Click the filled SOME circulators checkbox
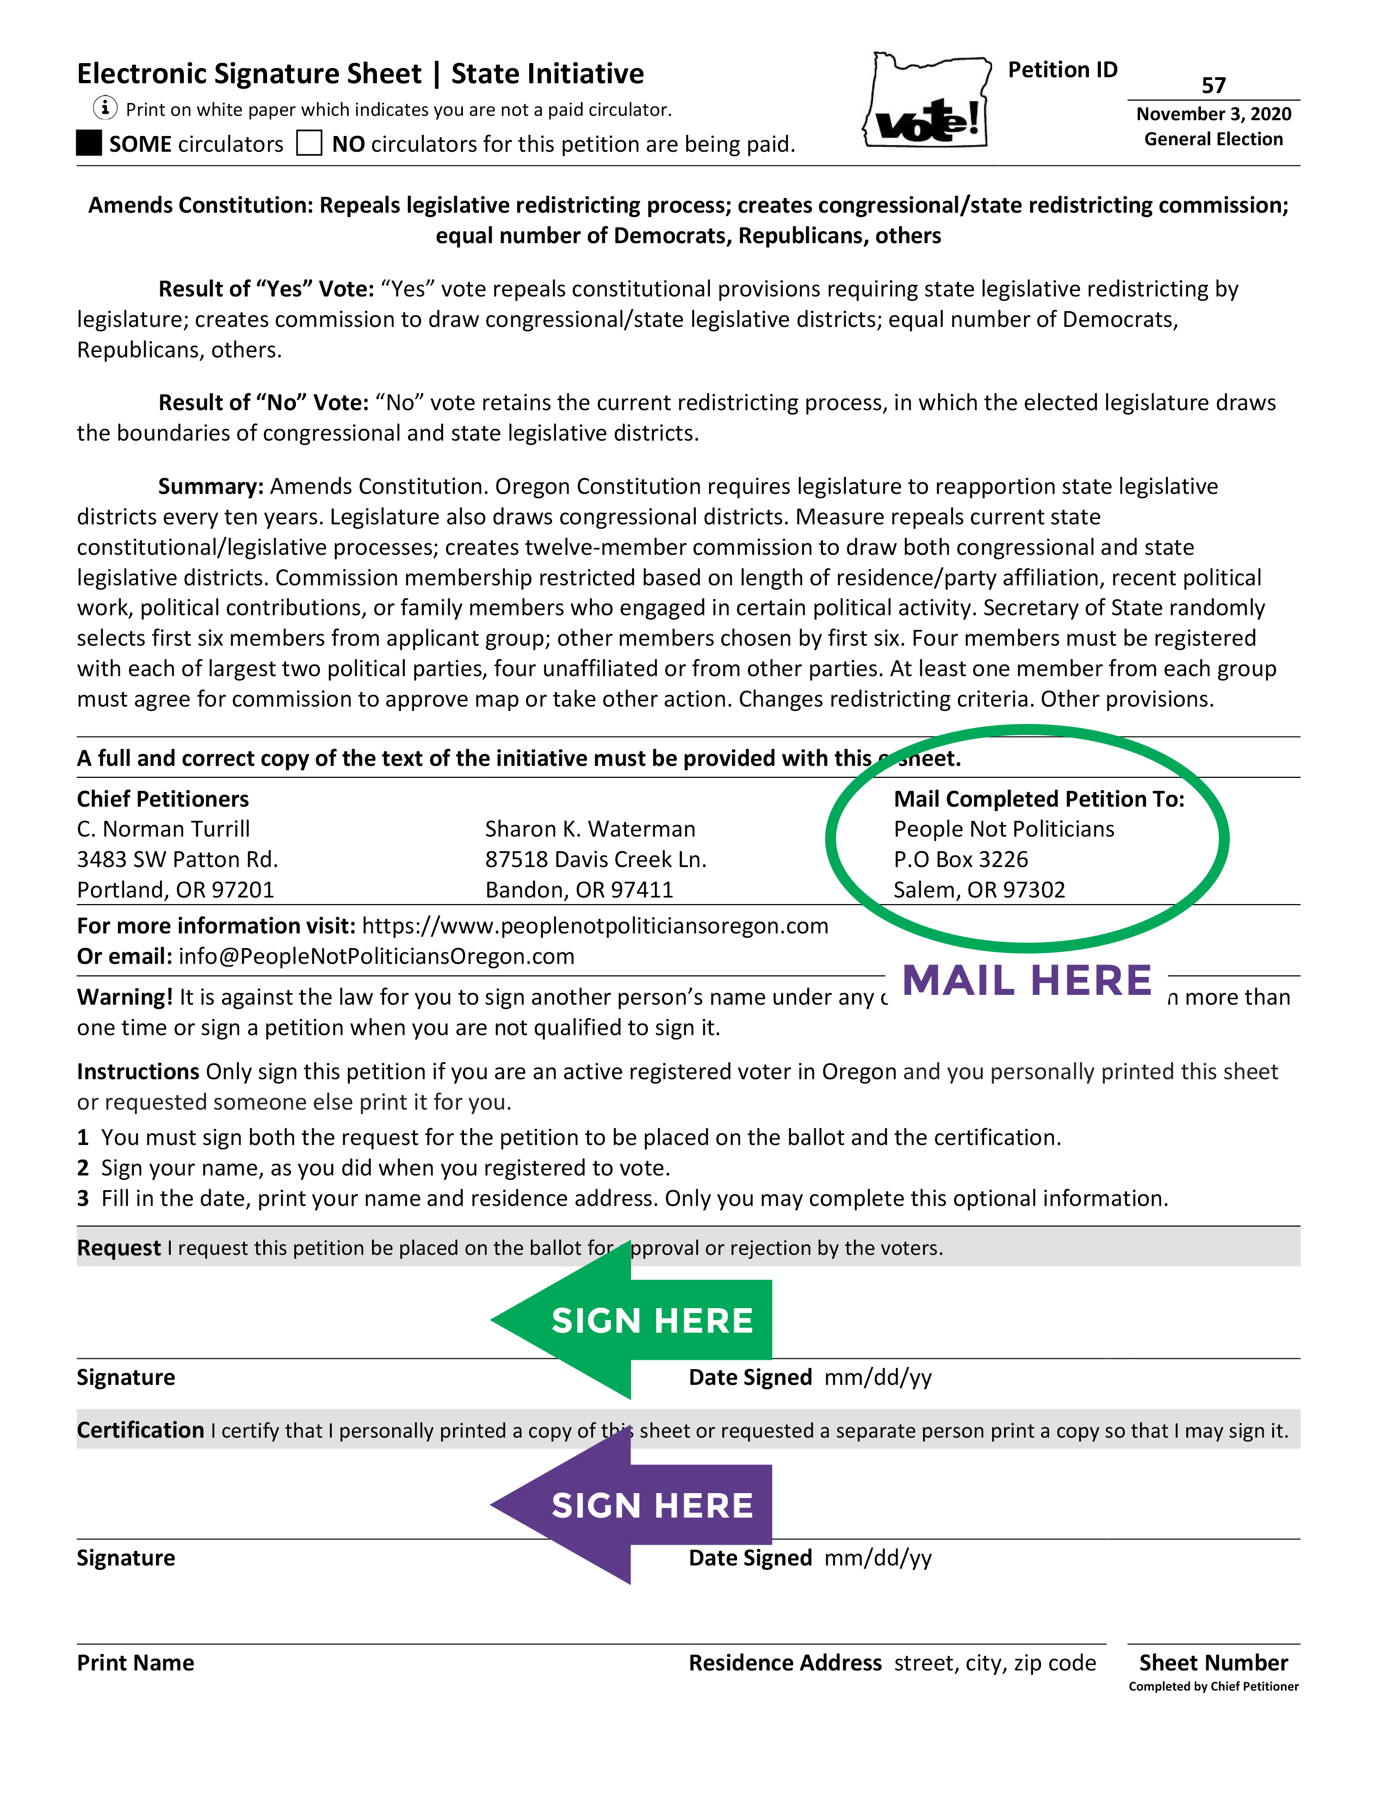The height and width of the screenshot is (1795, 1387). pos(89,143)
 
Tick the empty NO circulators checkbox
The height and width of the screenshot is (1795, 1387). pos(309,143)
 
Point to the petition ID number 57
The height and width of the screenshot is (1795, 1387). pos(1213,85)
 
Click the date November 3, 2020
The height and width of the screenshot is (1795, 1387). pos(1213,114)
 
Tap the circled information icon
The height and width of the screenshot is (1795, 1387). pos(104,108)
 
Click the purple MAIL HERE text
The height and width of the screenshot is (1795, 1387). pos(1027,981)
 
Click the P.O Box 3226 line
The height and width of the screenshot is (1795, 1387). pos(961,859)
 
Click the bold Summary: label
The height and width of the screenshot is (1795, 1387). pos(210,487)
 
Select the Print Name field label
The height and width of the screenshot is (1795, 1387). pos(135,1663)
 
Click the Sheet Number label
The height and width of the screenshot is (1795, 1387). pos(1213,1663)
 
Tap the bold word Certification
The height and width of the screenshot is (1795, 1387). pos(140,1430)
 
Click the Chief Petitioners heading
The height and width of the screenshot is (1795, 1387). pos(163,799)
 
